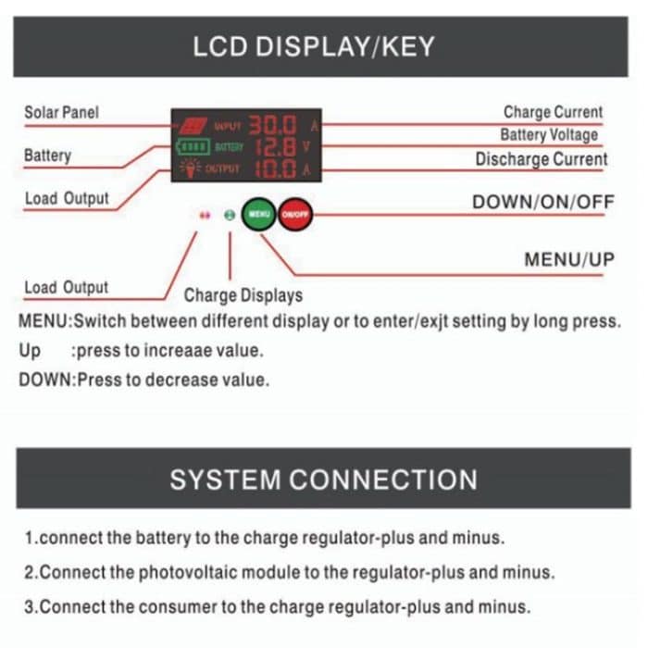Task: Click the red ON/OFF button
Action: (294, 214)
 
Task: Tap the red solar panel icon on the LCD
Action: (193, 125)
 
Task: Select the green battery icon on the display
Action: (193, 147)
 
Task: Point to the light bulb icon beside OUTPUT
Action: (193, 168)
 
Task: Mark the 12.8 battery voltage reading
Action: (275, 147)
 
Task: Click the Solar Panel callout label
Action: (61, 113)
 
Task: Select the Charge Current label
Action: (553, 113)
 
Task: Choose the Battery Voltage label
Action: (549, 135)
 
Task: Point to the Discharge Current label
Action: (542, 159)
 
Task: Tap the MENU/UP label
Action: (568, 259)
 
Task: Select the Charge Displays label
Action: (243, 296)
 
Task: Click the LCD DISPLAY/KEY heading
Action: (313, 47)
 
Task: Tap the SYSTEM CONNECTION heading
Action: (323, 480)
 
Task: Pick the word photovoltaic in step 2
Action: (192, 572)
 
